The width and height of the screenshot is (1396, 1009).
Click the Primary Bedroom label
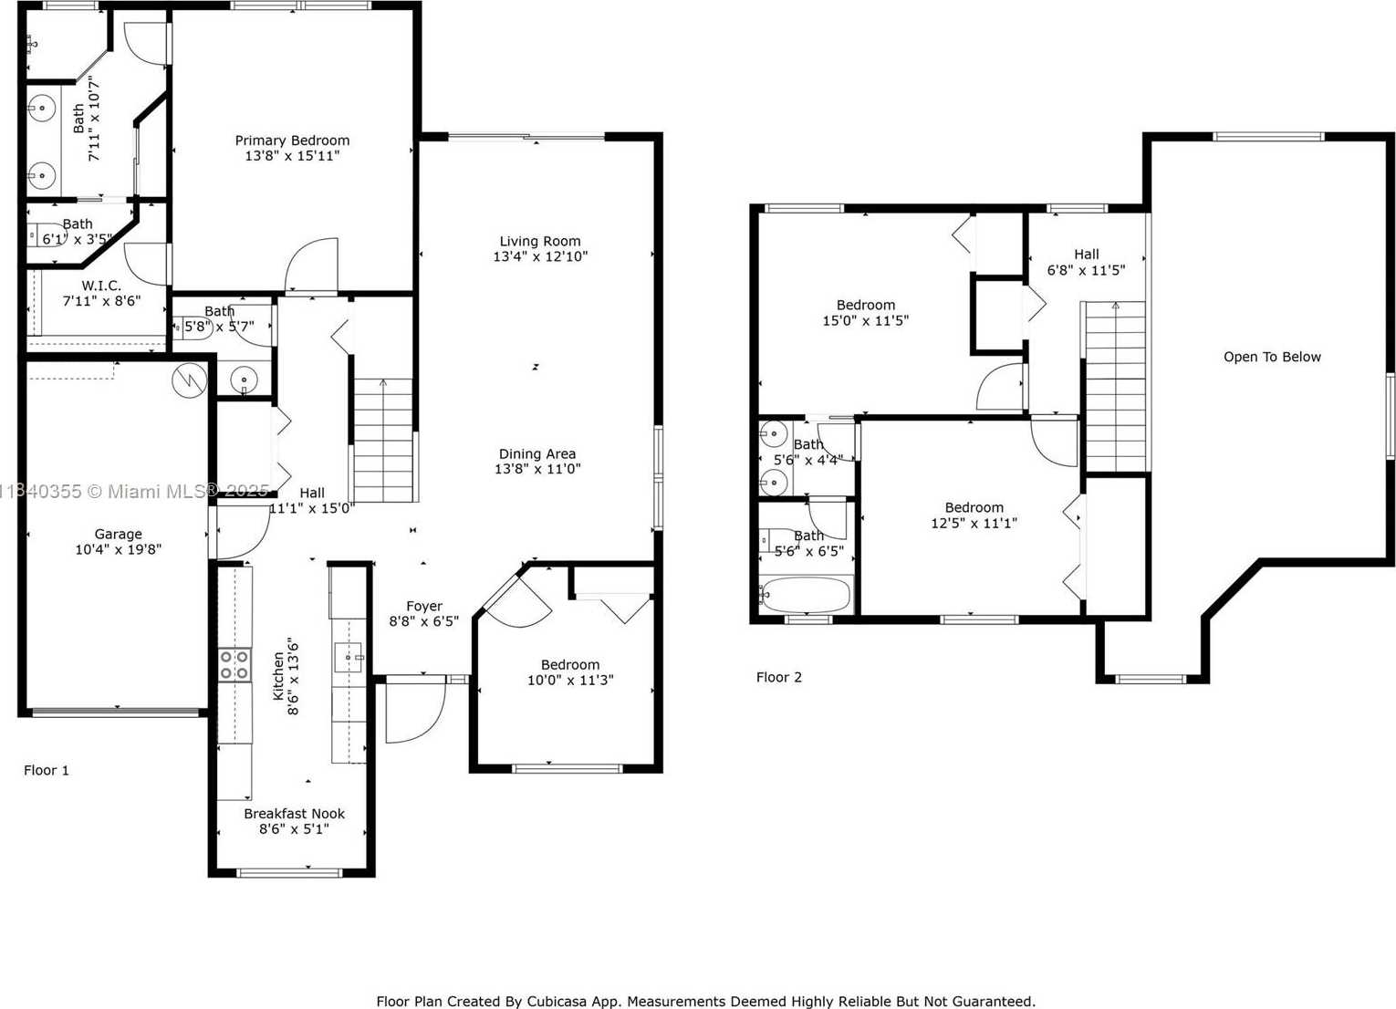coord(292,140)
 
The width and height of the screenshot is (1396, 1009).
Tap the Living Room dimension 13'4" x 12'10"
coord(540,256)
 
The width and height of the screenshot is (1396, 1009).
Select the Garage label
coord(118,534)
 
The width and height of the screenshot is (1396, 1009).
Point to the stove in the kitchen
coord(235,665)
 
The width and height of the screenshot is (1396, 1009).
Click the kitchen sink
coord(349,657)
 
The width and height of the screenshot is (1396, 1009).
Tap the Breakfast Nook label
coord(294,813)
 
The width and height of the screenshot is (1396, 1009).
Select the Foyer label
coord(423,606)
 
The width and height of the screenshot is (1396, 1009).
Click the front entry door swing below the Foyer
coord(416,711)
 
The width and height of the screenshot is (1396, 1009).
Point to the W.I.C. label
coord(101,286)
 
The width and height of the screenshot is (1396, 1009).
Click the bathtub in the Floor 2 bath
coord(806,595)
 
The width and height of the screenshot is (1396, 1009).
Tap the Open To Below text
coord(1272,357)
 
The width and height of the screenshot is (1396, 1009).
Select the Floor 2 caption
coord(779,678)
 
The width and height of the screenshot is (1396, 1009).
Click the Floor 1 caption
coord(47,770)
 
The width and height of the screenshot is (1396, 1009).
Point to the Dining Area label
coord(537,453)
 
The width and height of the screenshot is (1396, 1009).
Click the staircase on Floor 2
coord(1115,387)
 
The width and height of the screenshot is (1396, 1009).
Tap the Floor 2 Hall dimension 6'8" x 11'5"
coord(1087,270)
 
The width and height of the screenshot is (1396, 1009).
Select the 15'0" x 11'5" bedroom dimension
coord(866,320)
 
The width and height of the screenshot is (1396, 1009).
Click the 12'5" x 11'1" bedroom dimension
coord(974,523)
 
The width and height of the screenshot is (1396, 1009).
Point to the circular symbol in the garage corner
coord(190,380)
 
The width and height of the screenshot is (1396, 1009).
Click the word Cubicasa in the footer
coord(550,1001)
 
